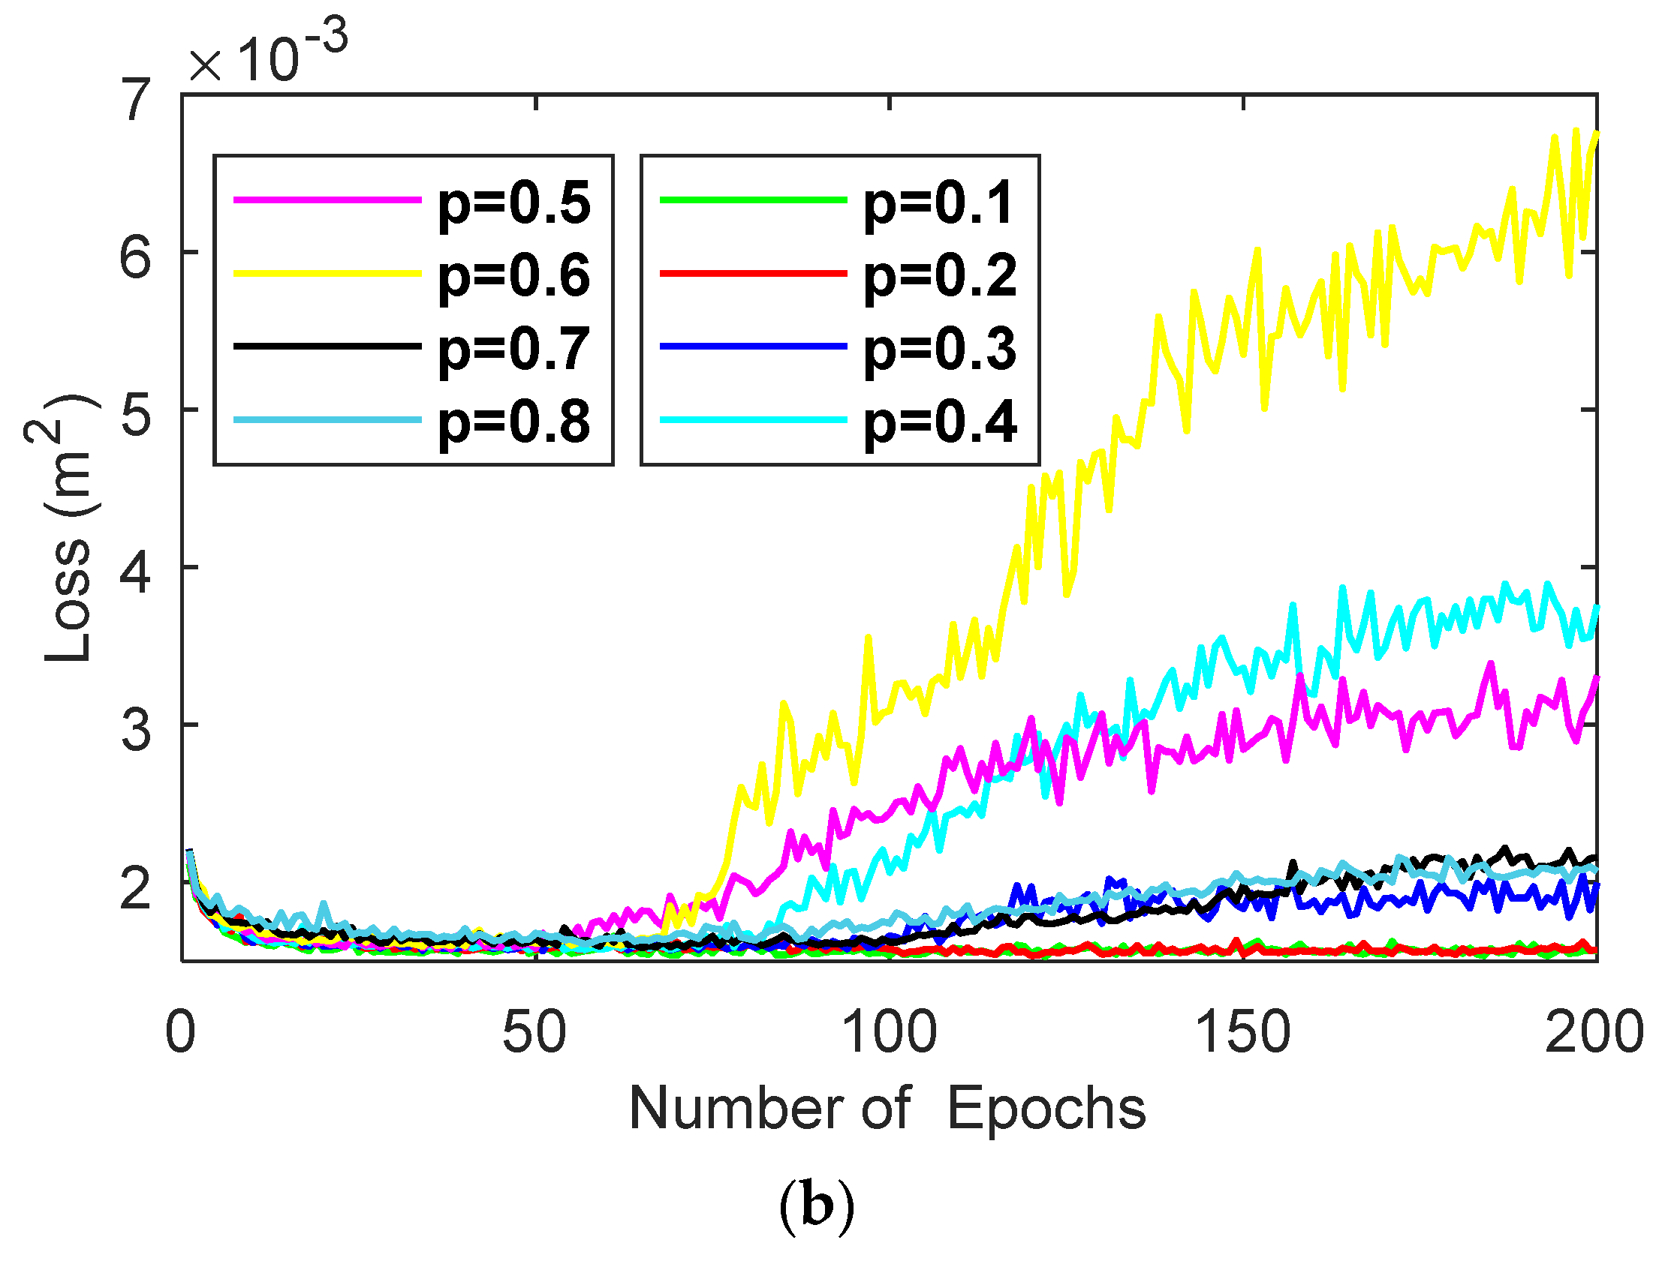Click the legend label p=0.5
tap(513, 204)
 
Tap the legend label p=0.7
tap(513, 350)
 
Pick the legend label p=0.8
tap(513, 422)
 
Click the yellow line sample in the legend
tap(327, 274)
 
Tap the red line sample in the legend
tap(753, 274)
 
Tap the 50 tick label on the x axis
tap(534, 1033)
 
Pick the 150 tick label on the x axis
tap(1242, 1033)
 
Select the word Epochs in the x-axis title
tap(1046, 1109)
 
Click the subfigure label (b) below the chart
tap(816, 1206)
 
